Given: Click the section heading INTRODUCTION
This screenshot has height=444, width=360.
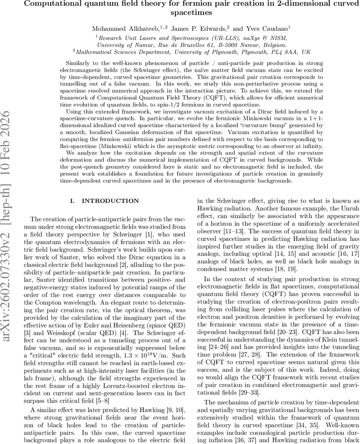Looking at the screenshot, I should pyautogui.click(x=110, y=201).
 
